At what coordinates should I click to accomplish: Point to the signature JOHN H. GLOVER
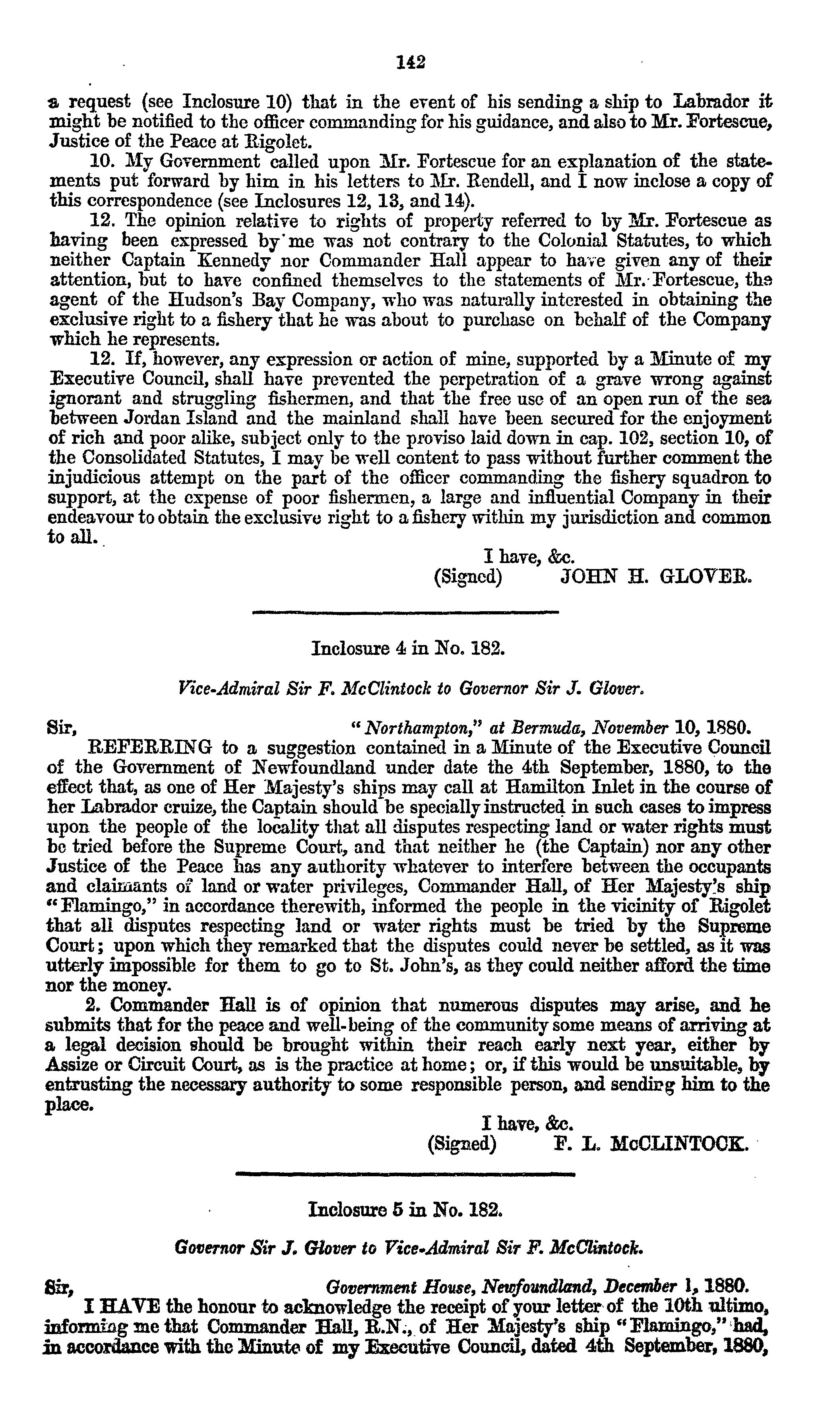point(654,577)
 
